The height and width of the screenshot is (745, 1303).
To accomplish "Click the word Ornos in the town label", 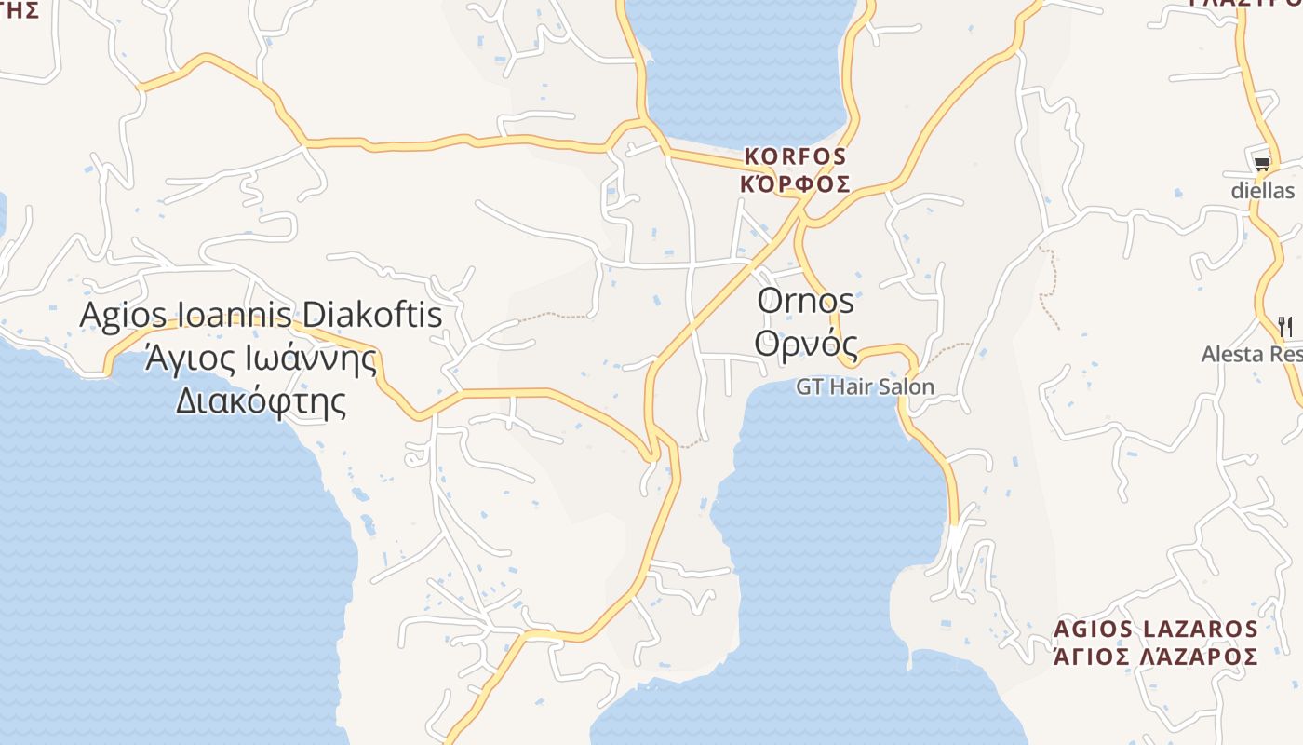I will click(x=805, y=301).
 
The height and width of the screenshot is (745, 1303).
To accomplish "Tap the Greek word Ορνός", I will click(x=805, y=343).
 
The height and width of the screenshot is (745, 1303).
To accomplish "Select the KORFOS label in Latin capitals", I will click(x=795, y=156).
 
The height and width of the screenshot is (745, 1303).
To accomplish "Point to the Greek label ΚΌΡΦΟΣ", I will click(x=795, y=183).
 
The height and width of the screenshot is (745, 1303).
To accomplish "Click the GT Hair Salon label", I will click(x=865, y=386).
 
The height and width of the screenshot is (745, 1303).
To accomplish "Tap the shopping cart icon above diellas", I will click(x=1262, y=164).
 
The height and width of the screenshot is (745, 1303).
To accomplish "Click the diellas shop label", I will click(x=1262, y=191).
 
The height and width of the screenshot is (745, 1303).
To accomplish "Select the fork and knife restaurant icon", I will click(x=1285, y=326).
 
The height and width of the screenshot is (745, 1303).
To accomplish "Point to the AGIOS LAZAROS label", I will click(x=1155, y=630).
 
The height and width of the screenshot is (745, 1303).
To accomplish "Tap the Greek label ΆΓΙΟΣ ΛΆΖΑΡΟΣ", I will click(x=1155, y=657).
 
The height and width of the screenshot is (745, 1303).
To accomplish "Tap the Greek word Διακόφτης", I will click(x=261, y=401).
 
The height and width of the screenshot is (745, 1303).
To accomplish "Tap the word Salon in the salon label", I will click(x=907, y=386).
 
